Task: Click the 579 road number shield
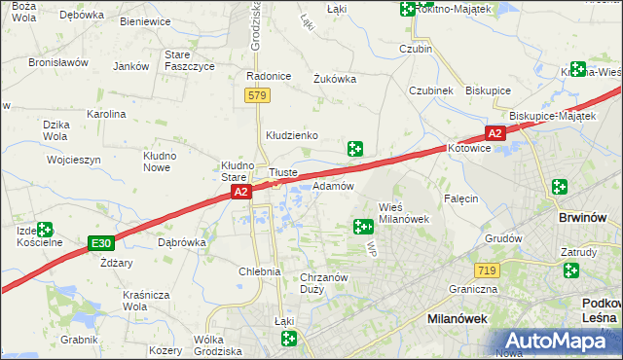coord(257,95)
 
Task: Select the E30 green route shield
coord(98,242)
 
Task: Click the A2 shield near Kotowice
coord(495,133)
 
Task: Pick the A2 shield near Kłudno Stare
coord(242,194)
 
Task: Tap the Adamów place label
coord(333,185)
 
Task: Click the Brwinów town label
coord(584,218)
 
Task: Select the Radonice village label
coord(270,76)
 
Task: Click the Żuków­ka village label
coord(335,79)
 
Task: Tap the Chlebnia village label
coord(260,271)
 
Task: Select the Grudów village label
coord(503,237)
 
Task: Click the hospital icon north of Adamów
coord(356,149)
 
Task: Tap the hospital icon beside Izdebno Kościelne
coord(44,231)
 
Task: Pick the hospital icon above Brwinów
coord(559,187)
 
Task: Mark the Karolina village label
coord(107,114)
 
